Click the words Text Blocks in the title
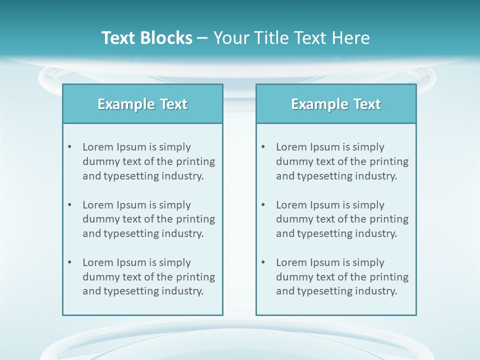146,38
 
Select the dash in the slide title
202,38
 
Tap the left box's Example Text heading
142,104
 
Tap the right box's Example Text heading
336,104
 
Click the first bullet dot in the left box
70,147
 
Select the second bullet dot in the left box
70,205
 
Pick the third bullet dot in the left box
70,262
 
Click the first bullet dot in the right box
263,147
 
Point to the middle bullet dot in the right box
263,205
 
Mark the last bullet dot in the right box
263,262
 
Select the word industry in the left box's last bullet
182,291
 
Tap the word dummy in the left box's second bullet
99,219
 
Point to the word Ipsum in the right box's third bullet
325,262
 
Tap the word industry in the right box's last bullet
376,291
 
